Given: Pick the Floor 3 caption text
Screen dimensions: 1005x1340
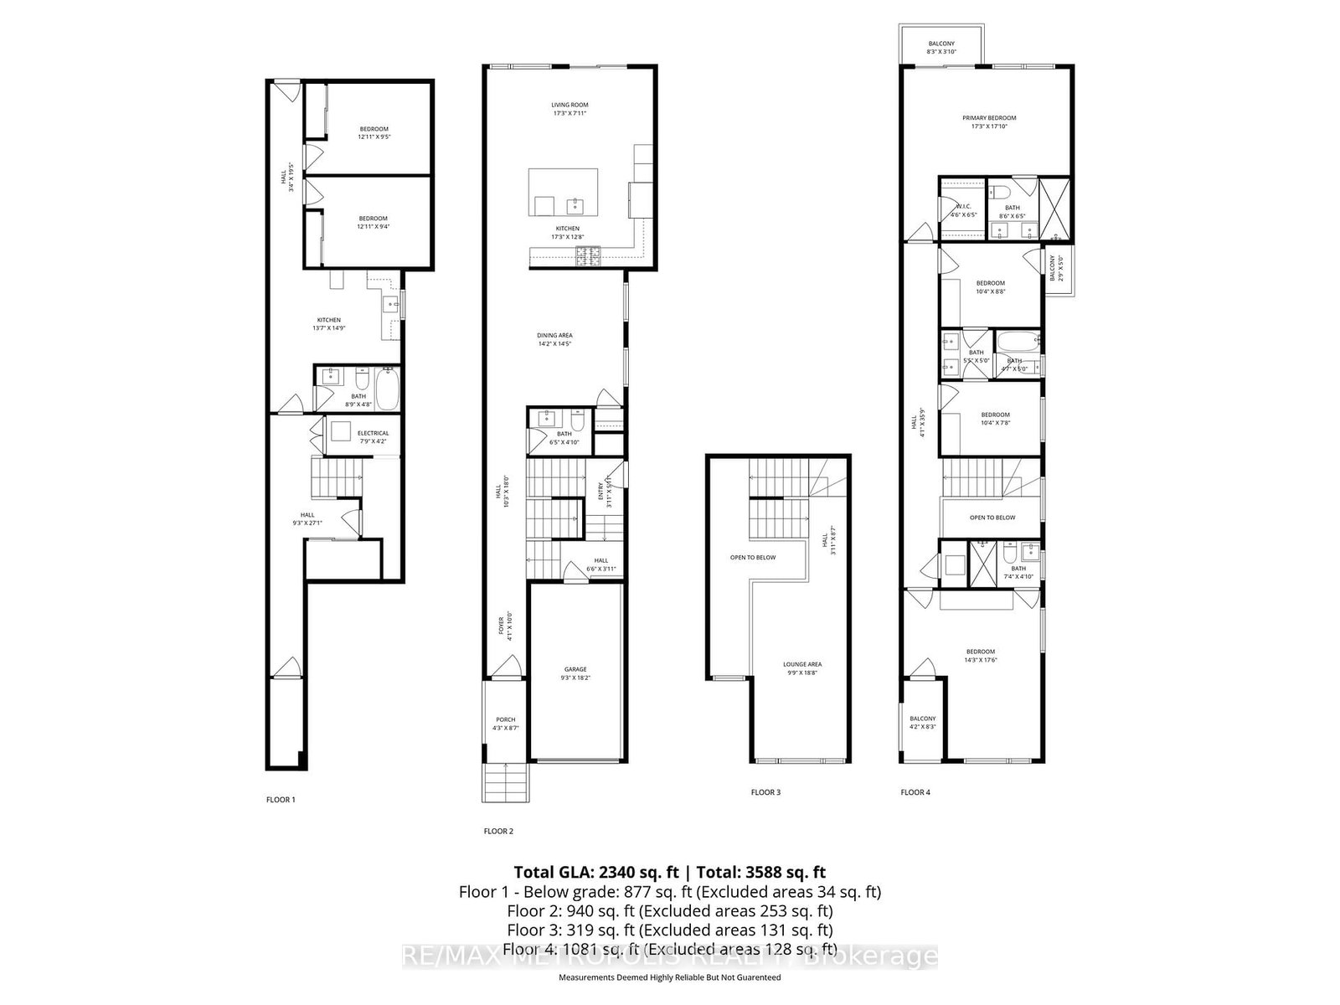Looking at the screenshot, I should click(x=765, y=791).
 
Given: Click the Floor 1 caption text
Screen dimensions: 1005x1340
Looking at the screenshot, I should click(x=281, y=800).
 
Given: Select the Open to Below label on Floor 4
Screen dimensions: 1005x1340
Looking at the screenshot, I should click(x=992, y=518).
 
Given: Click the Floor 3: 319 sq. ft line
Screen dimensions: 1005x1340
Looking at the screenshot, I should click(x=670, y=930).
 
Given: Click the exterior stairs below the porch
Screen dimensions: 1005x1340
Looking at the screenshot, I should click(x=506, y=782).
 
